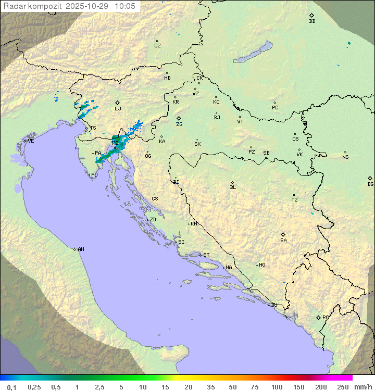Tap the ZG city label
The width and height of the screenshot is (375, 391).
[x=179, y=124]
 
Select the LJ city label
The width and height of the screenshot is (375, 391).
[x=118, y=109]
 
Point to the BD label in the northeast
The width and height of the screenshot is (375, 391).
[x=312, y=21]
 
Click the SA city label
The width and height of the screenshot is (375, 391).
[x=283, y=241]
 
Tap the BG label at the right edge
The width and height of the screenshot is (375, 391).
[x=370, y=184]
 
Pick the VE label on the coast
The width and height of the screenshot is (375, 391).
[x=31, y=141]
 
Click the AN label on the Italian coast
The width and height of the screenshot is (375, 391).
[x=81, y=249]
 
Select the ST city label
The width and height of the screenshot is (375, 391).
[x=206, y=255]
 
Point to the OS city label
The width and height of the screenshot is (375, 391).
[x=295, y=139]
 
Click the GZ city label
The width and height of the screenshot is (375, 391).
[x=157, y=46]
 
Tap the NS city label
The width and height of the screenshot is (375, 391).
[x=345, y=157]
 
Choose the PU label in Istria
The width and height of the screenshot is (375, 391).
[x=94, y=175]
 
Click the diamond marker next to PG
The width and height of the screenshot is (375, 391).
[x=318, y=317]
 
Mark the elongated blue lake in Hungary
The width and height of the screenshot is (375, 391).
[x=253, y=53]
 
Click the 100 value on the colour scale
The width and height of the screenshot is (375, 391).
[x=277, y=387]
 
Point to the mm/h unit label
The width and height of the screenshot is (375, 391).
[x=362, y=387]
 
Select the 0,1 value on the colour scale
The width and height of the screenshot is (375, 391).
[x=11, y=387]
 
